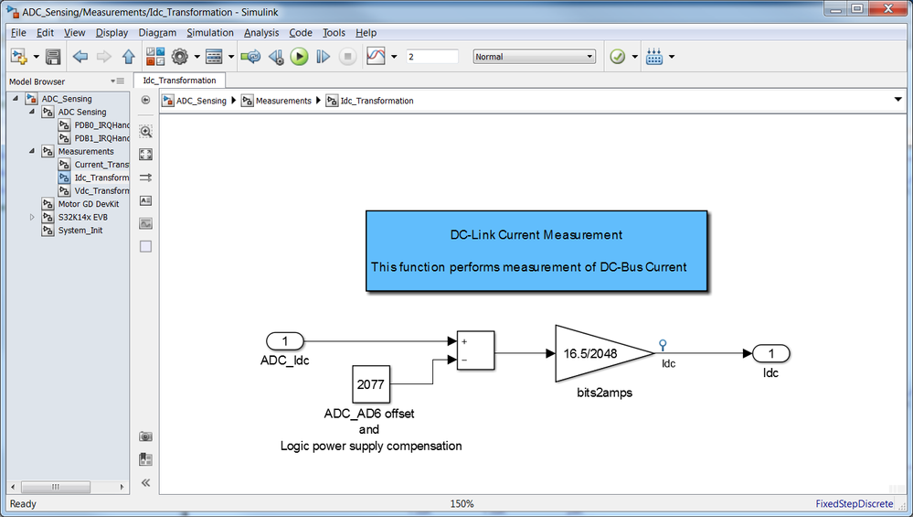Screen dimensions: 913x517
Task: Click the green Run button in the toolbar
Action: [x=299, y=57]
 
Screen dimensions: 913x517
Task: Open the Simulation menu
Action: [x=210, y=33]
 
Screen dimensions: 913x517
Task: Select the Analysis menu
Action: [x=261, y=33]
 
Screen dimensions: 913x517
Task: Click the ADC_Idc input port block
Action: [x=285, y=341]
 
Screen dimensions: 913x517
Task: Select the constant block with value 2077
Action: [x=371, y=384]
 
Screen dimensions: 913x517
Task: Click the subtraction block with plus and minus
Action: [x=476, y=350]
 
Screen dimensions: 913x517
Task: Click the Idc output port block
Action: [x=771, y=353]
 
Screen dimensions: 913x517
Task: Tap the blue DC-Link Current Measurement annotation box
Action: [x=536, y=251]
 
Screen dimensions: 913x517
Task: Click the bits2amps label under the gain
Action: [x=604, y=393]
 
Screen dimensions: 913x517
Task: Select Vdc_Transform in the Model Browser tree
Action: [x=101, y=190]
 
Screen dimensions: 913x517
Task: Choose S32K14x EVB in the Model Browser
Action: [x=82, y=217]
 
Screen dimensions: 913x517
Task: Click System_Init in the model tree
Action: [x=80, y=231]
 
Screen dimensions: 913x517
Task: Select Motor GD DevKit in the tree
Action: [x=89, y=204]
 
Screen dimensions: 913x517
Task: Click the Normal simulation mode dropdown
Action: [x=534, y=57]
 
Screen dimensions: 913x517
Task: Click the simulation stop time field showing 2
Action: [x=432, y=57]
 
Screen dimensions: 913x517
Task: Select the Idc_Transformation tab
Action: [x=179, y=81]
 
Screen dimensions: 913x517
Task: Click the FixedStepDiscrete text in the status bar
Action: [x=855, y=503]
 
